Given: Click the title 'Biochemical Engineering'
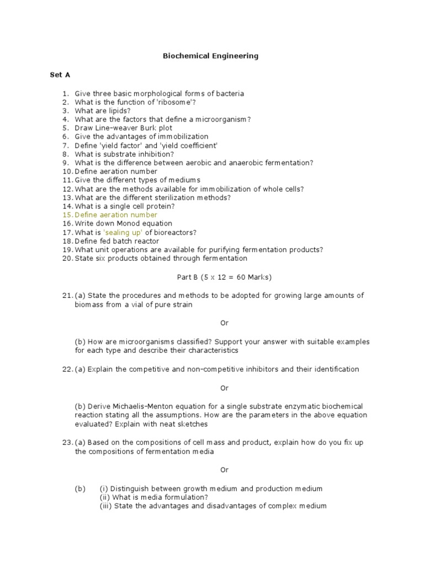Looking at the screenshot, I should (210, 56).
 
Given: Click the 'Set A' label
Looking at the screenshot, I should (60, 74).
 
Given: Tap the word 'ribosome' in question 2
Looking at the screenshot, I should (173, 102).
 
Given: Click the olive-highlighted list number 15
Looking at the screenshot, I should (67, 214).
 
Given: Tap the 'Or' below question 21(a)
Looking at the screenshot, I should (224, 323).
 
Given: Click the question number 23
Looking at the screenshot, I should (67, 443).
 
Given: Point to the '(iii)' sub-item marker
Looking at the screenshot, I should (105, 506).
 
